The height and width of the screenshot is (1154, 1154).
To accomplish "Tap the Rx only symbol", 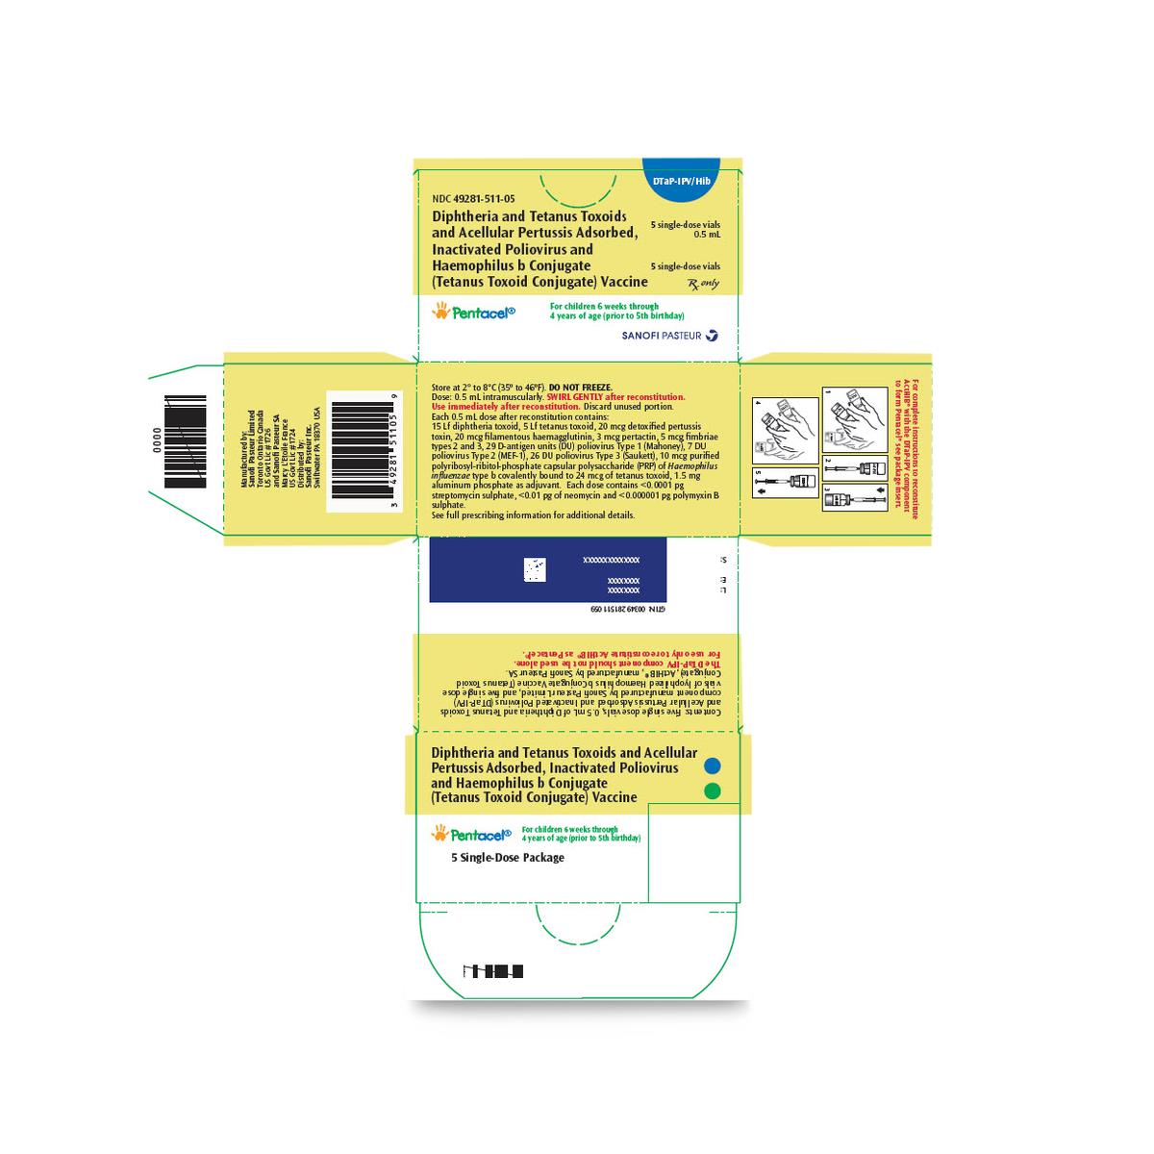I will [704, 284].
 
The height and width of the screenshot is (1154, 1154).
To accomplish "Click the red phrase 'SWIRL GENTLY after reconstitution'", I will [615, 396].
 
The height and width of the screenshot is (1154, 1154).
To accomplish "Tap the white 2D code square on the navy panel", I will [534, 570].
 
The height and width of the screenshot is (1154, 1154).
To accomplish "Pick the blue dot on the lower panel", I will [713, 765].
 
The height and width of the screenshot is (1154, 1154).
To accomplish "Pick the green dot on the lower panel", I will [713, 790].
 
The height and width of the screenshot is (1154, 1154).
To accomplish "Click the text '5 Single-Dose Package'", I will [508, 857].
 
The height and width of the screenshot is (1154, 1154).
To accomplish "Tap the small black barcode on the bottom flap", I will [493, 971].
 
